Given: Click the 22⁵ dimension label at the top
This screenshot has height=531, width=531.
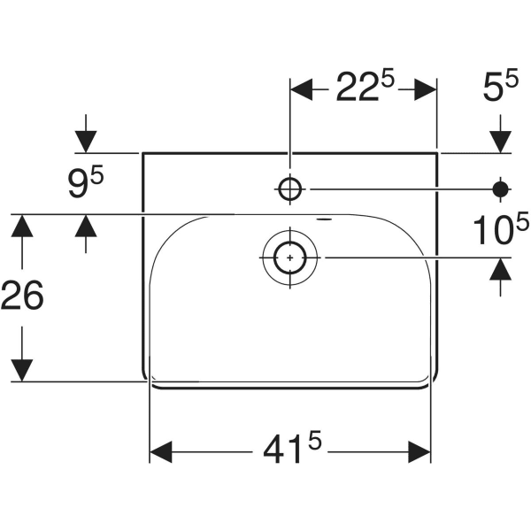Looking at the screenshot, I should coord(363,88).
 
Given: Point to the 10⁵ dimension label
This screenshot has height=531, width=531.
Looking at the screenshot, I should coord(493,232).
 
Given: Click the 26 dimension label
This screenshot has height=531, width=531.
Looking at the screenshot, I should coord(22,296).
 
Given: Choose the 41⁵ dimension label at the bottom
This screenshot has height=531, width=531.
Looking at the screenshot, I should coord(290,452).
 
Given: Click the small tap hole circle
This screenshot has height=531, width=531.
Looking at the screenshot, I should coord(290,188).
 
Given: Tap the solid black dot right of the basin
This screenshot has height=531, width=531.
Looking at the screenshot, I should coord(500,188).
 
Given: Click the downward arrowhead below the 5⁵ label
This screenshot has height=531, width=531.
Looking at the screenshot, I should coord(500,141).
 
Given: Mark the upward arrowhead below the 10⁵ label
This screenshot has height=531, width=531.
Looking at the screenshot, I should coord(500,269).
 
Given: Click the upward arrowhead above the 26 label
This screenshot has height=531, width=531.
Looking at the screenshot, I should coord(22,226).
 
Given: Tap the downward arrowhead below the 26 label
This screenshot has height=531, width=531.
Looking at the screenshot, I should coord(22,370).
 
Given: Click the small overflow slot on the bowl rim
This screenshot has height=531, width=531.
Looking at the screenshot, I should coord(325,218).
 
